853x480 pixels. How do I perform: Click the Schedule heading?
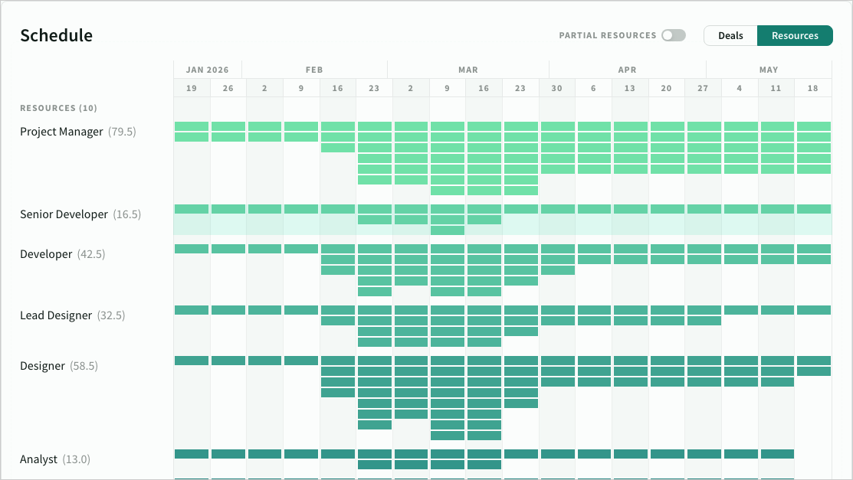(56, 35)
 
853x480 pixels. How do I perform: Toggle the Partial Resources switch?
(673, 35)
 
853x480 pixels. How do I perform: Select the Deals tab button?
(730, 35)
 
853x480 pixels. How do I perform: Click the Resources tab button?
(795, 35)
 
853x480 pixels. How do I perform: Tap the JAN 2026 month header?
(208, 70)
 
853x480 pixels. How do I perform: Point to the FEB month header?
(314, 70)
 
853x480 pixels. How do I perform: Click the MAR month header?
(468, 70)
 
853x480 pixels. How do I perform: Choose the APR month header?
(627, 70)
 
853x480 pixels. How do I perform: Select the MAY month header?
(769, 70)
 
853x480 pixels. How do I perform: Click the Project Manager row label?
(61, 132)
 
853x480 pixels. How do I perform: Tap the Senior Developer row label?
(64, 214)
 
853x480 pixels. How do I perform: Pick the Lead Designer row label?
(56, 315)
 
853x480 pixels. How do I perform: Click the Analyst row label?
(38, 459)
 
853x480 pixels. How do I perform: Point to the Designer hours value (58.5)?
(84, 366)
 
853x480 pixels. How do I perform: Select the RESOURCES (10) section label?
(58, 108)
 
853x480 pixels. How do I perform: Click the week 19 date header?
(192, 88)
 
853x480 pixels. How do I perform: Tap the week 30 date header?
(556, 88)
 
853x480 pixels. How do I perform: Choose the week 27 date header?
(703, 88)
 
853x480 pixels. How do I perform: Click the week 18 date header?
(812, 88)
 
